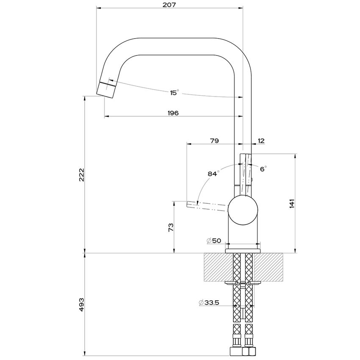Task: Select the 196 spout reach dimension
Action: point(173,113)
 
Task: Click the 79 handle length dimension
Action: point(214,140)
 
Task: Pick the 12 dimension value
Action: point(261,140)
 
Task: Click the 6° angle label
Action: point(263,169)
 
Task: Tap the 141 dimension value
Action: point(292,204)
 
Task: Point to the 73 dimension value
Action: point(171,227)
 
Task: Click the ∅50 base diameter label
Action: point(214,241)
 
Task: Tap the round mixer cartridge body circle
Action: point(243,208)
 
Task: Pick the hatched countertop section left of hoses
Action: point(218,267)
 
